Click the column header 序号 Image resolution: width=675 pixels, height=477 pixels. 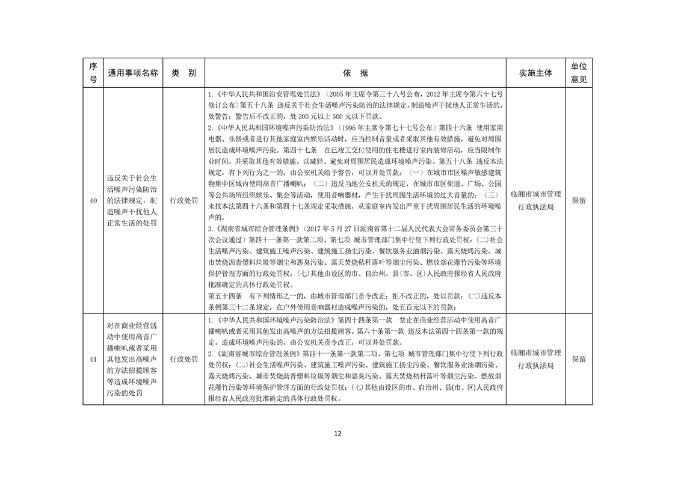[93, 73]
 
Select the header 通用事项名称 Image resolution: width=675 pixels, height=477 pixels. [133, 73]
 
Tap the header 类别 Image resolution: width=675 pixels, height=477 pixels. [183, 73]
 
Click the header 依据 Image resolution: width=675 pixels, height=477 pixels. [356, 73]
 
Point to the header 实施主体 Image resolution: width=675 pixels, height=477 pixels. [535, 73]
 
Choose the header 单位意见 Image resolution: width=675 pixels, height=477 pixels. [579, 73]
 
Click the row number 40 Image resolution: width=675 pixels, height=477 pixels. [93, 200]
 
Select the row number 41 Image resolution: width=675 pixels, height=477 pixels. [93, 359]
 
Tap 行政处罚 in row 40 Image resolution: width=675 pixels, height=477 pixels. [183, 200]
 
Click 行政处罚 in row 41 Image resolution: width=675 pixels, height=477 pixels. [183, 359]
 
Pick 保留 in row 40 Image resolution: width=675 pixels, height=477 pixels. [579, 200]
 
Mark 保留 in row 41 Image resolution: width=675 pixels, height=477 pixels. [579, 359]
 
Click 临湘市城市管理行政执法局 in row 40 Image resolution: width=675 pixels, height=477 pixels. [535, 200]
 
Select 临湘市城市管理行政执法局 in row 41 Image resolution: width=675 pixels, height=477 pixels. [535, 359]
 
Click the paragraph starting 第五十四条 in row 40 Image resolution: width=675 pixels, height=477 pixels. [355, 301]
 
